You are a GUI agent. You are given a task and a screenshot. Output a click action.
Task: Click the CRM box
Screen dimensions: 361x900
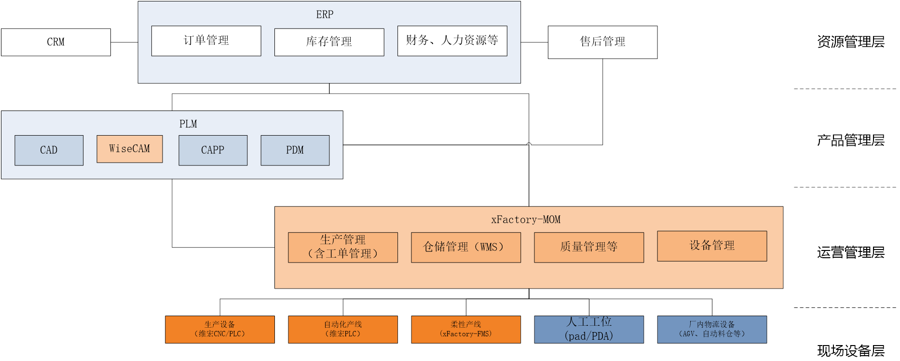[x=56, y=42]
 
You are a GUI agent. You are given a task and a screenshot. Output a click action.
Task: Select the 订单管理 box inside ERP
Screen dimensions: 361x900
[x=206, y=41]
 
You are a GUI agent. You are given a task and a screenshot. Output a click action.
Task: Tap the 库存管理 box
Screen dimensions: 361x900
[x=329, y=42]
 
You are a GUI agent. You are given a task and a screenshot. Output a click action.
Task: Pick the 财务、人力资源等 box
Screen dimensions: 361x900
[x=452, y=41]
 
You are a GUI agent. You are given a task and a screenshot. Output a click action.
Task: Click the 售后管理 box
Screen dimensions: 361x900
[x=602, y=42]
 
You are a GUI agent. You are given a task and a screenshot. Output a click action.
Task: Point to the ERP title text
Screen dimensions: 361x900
[x=325, y=14]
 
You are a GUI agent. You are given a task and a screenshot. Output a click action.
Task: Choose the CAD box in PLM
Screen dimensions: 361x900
[x=49, y=150]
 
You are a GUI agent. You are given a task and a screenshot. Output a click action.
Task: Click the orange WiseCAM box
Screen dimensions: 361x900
[x=130, y=149]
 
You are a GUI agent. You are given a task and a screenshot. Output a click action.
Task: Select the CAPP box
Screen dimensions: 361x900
[x=213, y=150]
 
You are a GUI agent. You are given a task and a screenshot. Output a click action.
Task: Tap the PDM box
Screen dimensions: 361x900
[x=295, y=150]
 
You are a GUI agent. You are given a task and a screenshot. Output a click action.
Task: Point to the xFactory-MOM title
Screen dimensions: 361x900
[x=526, y=220]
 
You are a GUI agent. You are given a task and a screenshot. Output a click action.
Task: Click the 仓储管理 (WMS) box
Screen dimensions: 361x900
[x=465, y=247]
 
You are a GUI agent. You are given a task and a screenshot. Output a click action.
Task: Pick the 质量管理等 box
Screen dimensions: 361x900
[x=588, y=247]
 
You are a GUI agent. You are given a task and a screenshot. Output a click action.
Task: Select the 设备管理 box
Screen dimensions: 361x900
[x=711, y=246]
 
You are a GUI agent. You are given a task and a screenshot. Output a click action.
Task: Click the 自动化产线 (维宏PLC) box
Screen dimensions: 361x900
[x=342, y=329]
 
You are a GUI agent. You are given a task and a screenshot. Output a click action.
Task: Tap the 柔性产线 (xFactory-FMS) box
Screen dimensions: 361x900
[x=465, y=329]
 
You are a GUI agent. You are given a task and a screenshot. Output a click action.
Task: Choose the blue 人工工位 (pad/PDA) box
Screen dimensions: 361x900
[x=588, y=329]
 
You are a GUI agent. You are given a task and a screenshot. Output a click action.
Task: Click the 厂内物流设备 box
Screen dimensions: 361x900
[x=711, y=329]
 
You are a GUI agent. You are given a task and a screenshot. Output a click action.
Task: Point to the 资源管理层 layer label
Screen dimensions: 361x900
[x=850, y=42]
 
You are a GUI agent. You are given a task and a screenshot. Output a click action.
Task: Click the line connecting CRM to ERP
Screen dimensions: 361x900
[x=124, y=42]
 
